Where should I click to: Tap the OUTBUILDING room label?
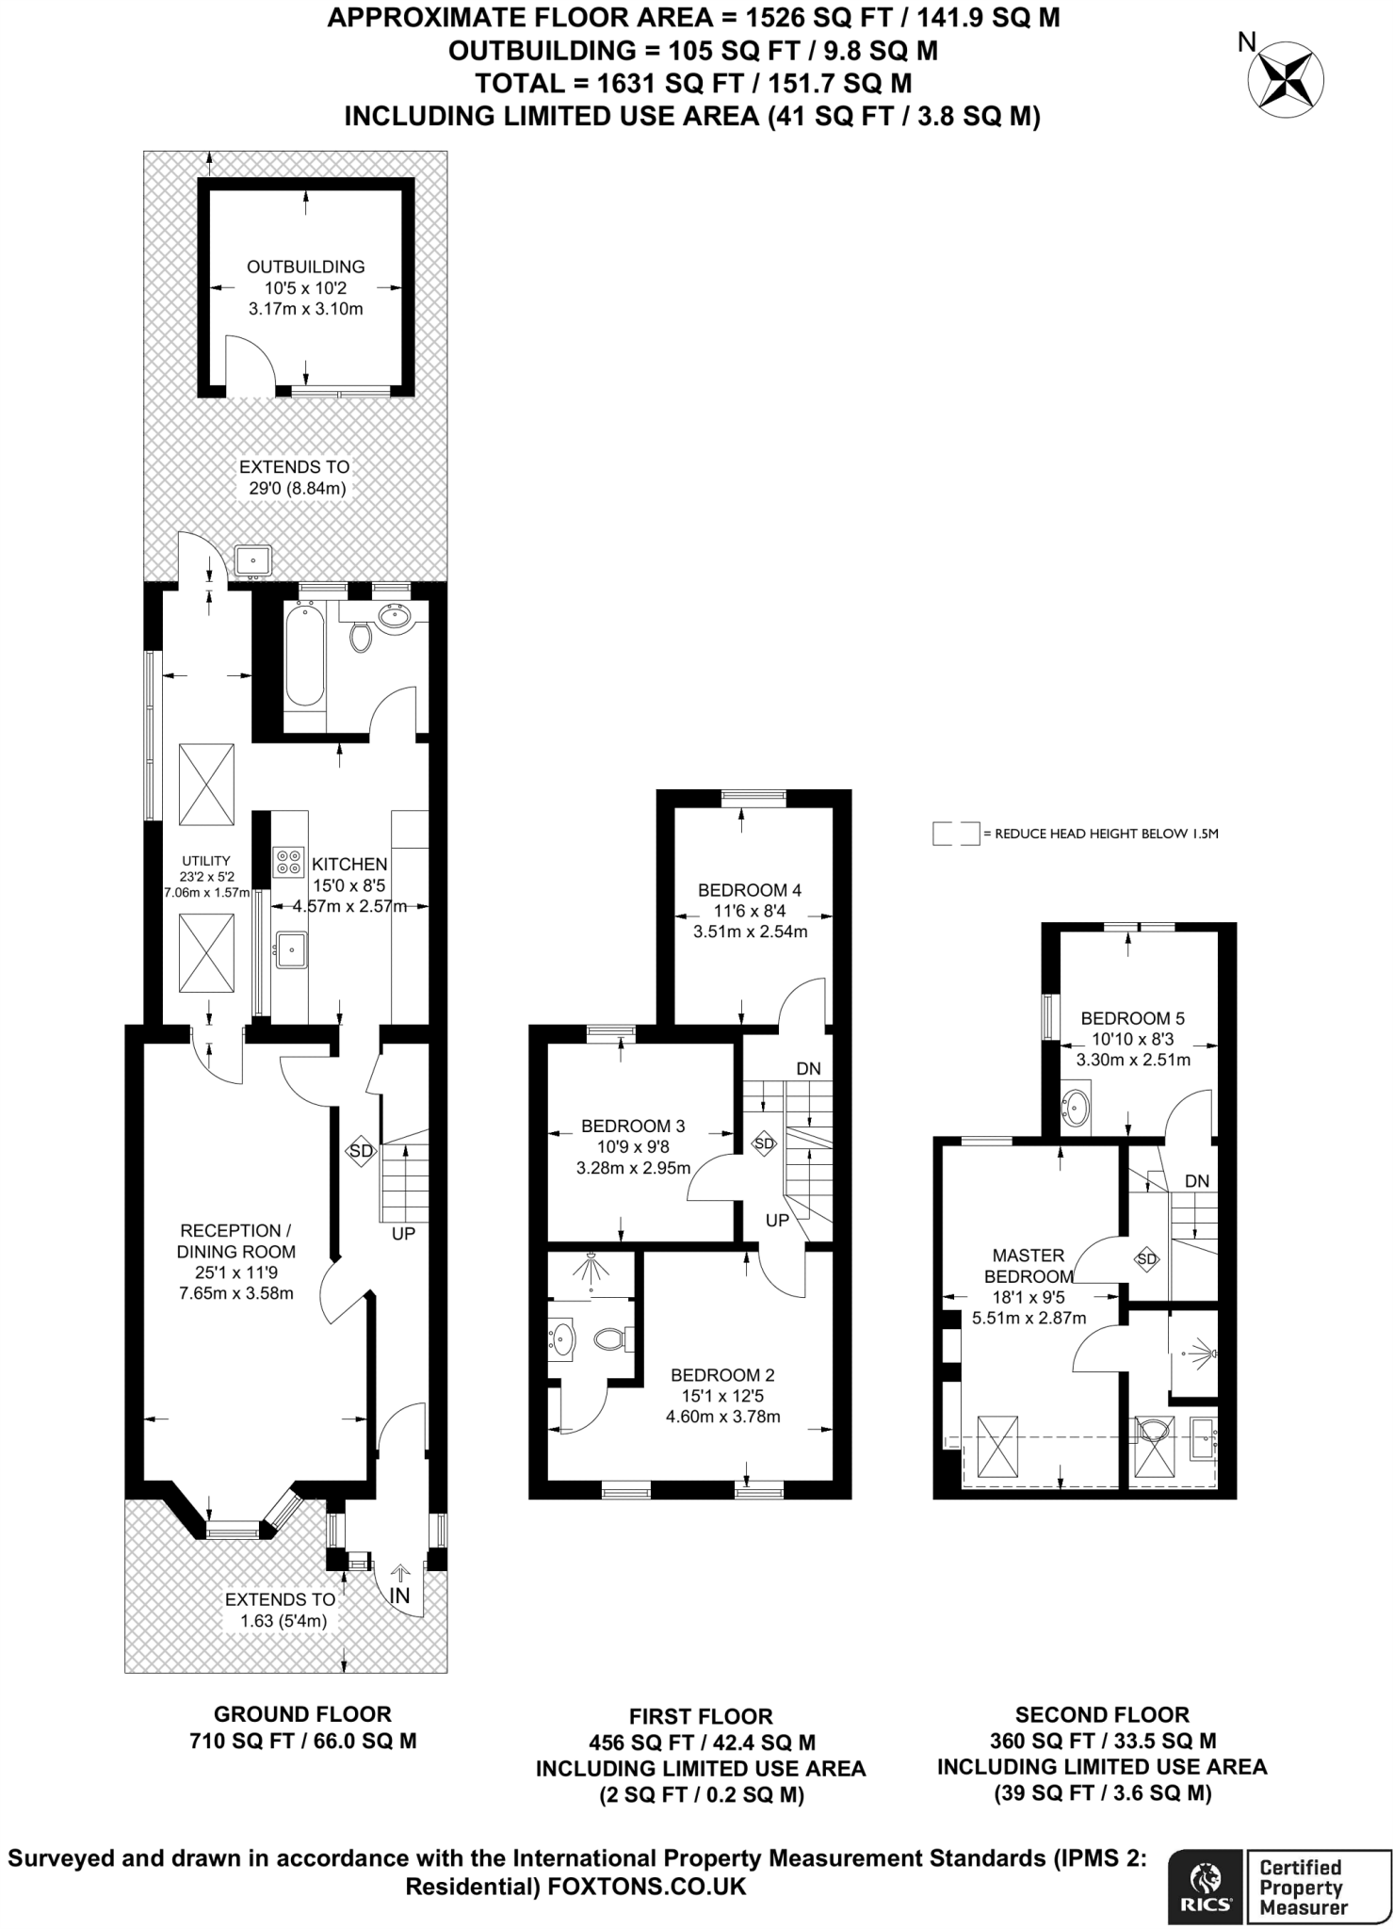tap(305, 267)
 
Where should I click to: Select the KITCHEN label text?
tap(349, 864)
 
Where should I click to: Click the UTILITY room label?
tap(206, 860)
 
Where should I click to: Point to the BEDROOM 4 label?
tap(750, 890)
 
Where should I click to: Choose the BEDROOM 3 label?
tap(633, 1126)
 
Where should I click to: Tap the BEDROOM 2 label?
tap(722, 1375)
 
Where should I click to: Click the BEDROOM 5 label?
tap(1132, 1018)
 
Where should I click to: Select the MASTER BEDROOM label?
tap(1029, 1266)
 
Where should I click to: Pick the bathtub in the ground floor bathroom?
tap(304, 657)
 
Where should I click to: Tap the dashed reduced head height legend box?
tap(955, 834)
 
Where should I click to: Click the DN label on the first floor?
tap(809, 1068)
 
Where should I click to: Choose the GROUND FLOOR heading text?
tap(302, 1714)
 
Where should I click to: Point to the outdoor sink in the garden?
tap(252, 560)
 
